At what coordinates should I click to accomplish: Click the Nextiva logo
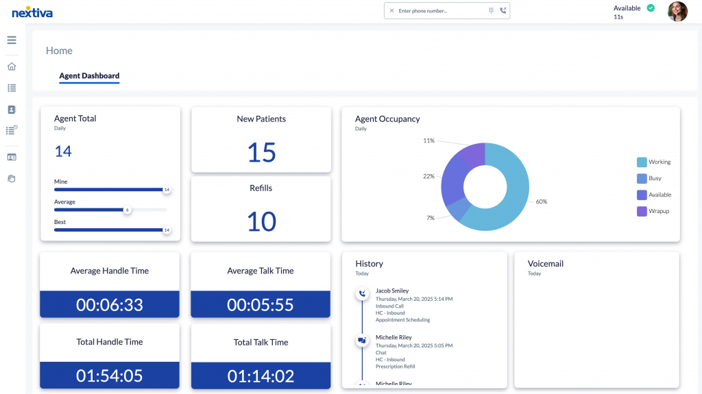click(x=32, y=12)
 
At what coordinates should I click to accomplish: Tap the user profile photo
click(x=677, y=12)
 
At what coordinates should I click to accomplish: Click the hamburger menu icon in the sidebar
click(x=12, y=40)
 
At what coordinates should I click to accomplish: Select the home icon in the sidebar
click(x=12, y=66)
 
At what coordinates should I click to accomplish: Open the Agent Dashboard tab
click(x=89, y=76)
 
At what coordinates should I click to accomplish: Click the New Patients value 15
click(x=261, y=152)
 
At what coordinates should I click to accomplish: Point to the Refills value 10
click(x=261, y=221)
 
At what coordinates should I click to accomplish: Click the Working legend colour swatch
click(x=642, y=162)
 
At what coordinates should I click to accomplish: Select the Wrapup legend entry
click(x=658, y=211)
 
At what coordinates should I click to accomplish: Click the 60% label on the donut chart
click(x=541, y=201)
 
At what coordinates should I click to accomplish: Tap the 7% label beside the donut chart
click(x=430, y=217)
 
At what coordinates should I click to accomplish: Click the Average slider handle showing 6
click(x=127, y=210)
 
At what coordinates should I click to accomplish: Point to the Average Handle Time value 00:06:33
click(x=110, y=304)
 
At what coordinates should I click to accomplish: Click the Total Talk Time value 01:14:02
click(x=261, y=375)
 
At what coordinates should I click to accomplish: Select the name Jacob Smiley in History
click(x=392, y=291)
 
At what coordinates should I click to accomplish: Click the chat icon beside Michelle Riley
click(x=362, y=340)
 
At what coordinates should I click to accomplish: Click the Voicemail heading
click(x=545, y=264)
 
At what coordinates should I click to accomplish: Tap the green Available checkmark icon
click(x=651, y=8)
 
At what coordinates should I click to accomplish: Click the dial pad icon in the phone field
click(x=491, y=11)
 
